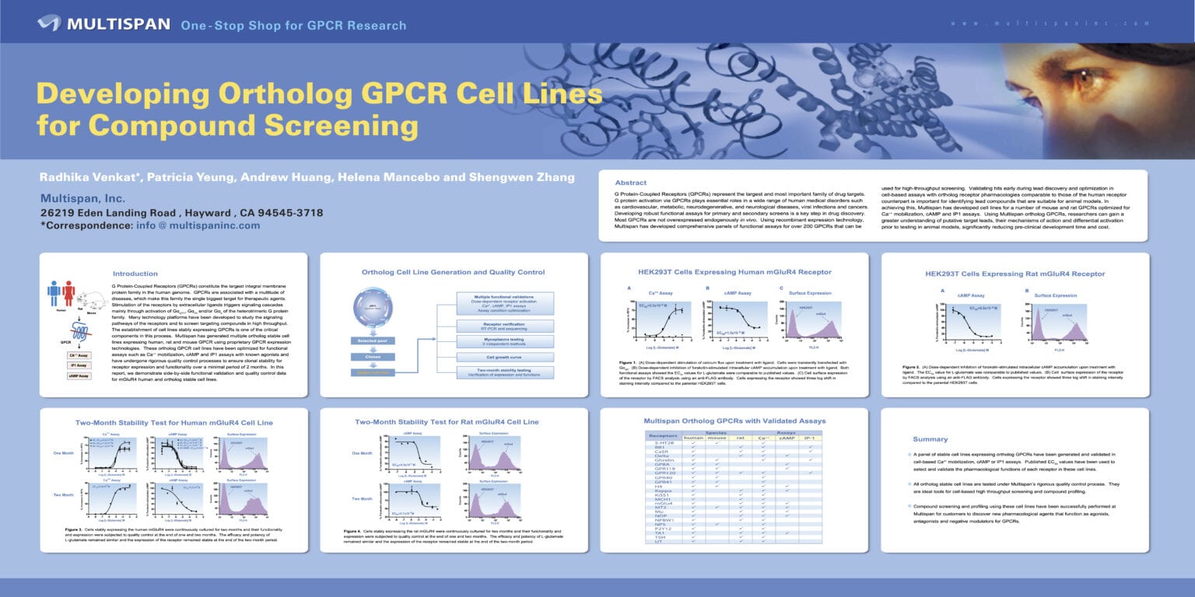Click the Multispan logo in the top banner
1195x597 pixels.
103,24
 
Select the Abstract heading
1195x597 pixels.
631,182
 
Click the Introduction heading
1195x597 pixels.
135,274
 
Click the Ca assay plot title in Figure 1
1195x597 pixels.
663,293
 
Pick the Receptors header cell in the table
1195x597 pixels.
663,436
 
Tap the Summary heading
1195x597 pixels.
930,439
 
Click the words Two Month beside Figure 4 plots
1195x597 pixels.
362,498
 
